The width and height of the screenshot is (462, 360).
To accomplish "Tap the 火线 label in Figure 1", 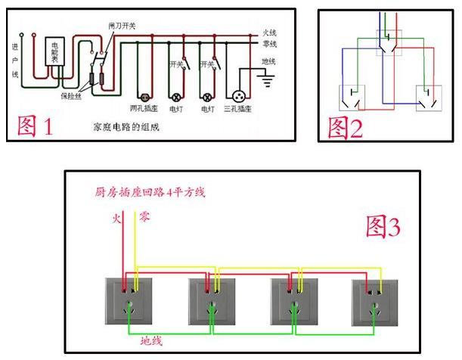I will pyautogui.click(x=270, y=33).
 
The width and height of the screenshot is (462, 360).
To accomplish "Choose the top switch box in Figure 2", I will pyautogui.click(x=390, y=42).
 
